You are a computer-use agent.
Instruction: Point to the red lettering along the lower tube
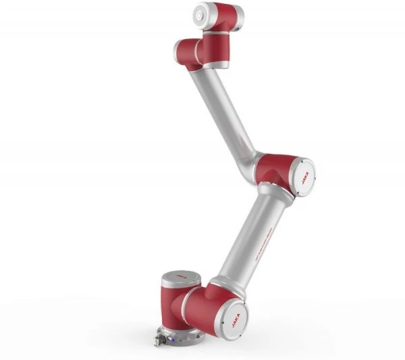[x=259, y=240]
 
